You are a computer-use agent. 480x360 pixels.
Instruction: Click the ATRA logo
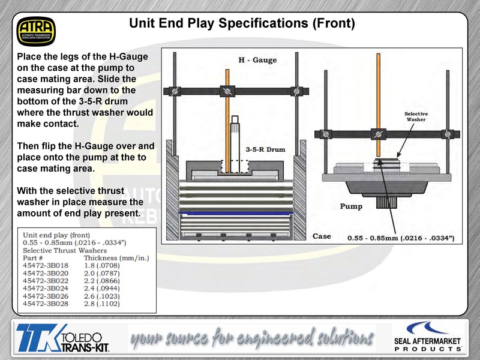[x=36, y=31]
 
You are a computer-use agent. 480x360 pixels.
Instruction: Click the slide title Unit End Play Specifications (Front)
[x=242, y=23]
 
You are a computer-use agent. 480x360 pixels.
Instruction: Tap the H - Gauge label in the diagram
[x=257, y=60]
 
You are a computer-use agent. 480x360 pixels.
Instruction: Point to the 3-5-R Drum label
[x=265, y=149]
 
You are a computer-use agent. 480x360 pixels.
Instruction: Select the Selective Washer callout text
[x=416, y=116]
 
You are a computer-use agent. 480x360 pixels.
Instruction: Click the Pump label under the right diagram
[x=351, y=206]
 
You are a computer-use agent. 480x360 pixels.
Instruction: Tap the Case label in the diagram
[x=322, y=236]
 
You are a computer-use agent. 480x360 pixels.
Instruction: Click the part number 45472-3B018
[x=46, y=265]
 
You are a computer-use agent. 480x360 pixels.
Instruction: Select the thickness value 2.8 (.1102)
[x=102, y=304]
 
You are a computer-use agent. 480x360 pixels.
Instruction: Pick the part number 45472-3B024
[x=46, y=289]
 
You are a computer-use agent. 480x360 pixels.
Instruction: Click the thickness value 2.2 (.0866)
[x=102, y=281]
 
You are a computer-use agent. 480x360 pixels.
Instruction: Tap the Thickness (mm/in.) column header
[x=116, y=258]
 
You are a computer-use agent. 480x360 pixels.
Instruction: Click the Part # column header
[x=33, y=258]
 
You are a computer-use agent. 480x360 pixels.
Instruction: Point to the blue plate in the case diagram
[x=236, y=213]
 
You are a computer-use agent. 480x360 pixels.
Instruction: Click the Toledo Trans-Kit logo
[x=63, y=338]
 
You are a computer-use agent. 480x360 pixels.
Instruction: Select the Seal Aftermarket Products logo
[x=428, y=337]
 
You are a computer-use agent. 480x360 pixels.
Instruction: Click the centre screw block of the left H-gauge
[x=227, y=91]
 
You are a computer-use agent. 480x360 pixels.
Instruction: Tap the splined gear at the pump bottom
[x=386, y=203]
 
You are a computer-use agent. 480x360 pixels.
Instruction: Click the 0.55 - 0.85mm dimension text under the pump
[x=401, y=238]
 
